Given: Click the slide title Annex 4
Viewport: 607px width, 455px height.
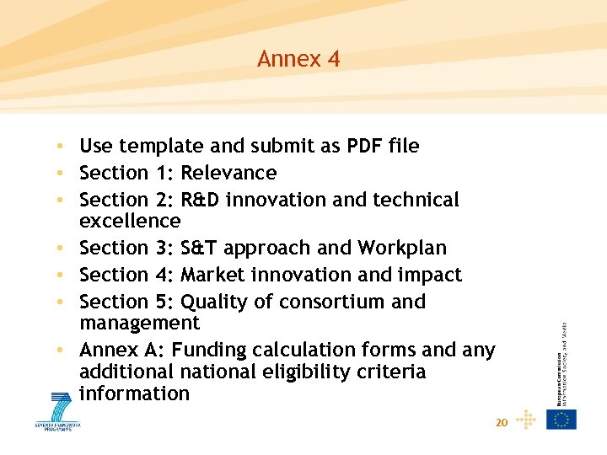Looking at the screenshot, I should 298,59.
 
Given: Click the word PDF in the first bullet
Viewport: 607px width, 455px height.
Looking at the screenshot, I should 366,146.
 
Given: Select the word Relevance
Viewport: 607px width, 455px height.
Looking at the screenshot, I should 228,173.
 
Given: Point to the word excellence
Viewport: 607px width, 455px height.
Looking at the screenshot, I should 130,221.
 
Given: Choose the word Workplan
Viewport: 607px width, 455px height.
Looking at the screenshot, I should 402,248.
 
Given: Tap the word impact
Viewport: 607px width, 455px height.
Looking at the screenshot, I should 431,275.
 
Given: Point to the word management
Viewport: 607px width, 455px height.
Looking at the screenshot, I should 139,323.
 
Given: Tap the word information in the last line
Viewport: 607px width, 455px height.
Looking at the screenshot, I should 134,393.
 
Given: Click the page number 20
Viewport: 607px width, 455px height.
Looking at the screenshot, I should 502,422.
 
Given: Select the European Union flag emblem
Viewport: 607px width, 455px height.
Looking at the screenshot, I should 561,419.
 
